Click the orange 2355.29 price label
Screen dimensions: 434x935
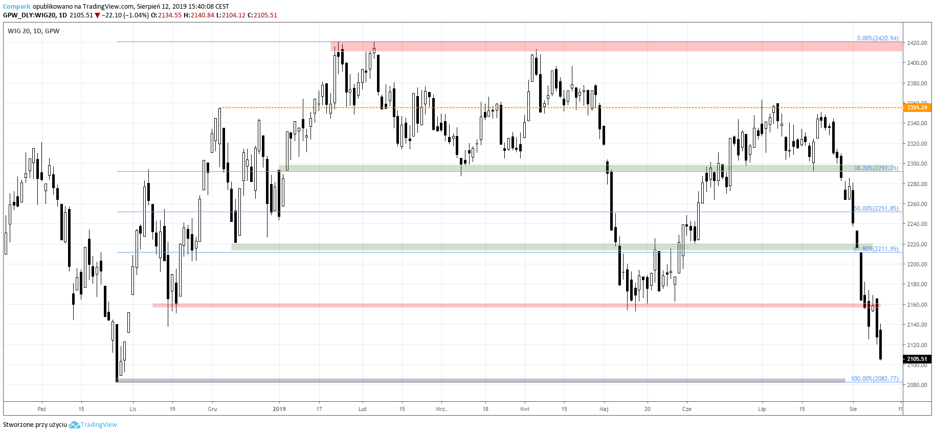pos(917,107)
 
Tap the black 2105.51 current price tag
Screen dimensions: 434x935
pos(917,359)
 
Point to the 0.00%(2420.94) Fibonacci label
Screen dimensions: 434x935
pos(877,38)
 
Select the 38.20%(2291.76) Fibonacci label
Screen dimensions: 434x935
pos(876,168)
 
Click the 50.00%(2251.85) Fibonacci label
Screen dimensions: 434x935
pos(876,209)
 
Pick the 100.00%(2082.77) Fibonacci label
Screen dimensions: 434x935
pos(874,379)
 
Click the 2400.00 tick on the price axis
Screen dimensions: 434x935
pos(917,63)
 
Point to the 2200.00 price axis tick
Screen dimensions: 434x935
pos(917,264)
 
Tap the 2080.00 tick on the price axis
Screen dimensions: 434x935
pos(917,385)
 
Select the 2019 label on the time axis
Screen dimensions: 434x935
pos(279,409)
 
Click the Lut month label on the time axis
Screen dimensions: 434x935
pos(363,409)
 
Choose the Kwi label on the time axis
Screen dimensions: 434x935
pos(525,409)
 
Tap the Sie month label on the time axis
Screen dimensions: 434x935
pos(853,409)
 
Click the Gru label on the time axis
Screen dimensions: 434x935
pos(212,409)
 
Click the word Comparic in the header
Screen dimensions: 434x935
pos(17,7)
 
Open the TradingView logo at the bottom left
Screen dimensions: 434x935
pos(93,425)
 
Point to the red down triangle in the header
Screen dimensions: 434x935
pos(97,15)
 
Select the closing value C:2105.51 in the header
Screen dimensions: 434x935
pos(262,15)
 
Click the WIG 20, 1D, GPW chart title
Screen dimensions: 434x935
pos(34,31)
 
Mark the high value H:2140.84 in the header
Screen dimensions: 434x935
pos(199,15)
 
